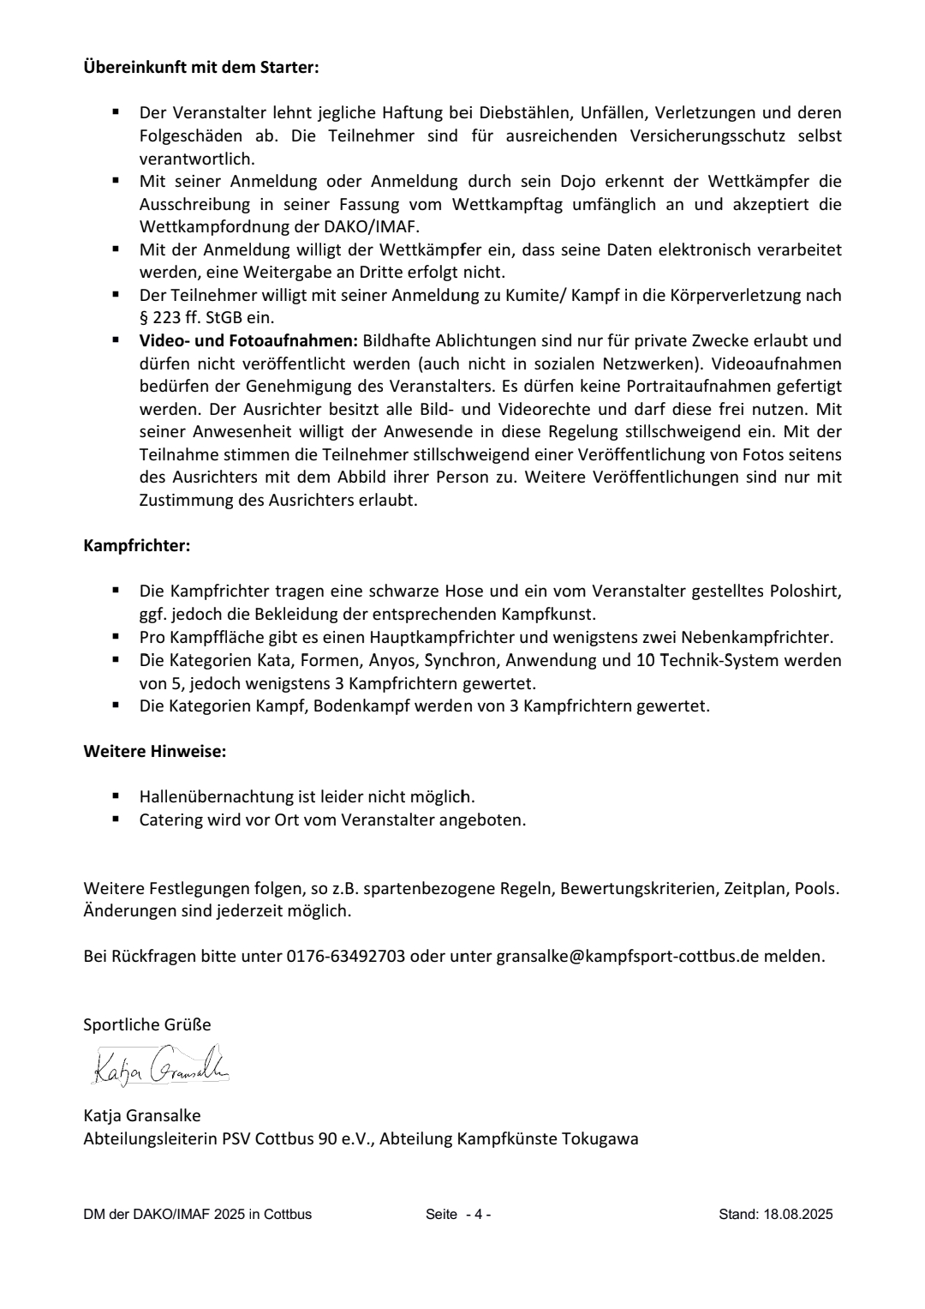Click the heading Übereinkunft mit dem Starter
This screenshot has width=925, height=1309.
tap(200, 67)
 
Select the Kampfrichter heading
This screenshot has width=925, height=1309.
tap(136, 546)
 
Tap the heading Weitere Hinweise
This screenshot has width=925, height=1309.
tap(154, 752)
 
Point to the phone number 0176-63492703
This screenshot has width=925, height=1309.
tap(345, 956)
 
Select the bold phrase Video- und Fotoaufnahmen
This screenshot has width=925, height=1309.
tap(248, 340)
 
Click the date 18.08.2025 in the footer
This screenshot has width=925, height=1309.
tap(798, 1214)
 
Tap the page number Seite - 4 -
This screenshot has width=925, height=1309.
tap(458, 1214)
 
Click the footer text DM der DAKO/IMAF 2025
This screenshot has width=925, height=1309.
tap(197, 1214)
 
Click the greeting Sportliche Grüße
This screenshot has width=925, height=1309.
tap(146, 1025)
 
